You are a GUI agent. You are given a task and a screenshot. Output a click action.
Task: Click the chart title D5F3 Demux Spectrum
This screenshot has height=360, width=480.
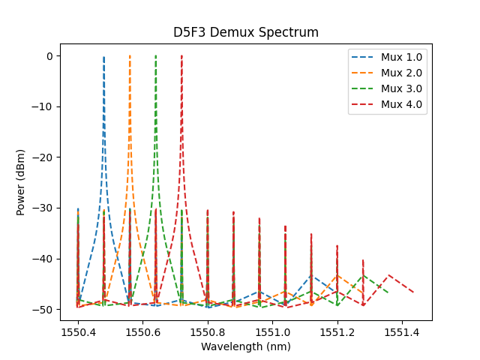[x=246, y=32]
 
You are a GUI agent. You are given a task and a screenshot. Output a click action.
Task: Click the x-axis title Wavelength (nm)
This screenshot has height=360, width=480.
[x=246, y=347]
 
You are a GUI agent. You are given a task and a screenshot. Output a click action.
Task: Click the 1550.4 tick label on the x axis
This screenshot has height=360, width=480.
[x=77, y=331]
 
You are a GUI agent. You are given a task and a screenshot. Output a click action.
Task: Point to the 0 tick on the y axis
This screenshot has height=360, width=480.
[x=50, y=56]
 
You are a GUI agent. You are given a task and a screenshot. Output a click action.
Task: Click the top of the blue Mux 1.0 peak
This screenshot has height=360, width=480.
[x=103, y=57]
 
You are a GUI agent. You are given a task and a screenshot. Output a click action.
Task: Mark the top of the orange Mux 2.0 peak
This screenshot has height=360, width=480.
[x=130, y=56]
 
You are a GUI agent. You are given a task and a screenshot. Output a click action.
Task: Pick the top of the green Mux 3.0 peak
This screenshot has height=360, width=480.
[x=156, y=56]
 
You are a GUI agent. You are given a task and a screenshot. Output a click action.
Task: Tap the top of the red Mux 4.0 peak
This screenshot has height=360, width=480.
[x=181, y=56]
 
